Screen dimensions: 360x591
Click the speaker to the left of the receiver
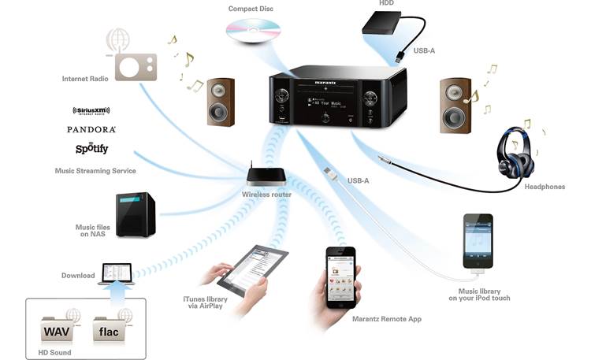(221, 101)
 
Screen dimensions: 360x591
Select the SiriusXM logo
(95, 111)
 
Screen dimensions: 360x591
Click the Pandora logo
(91, 129)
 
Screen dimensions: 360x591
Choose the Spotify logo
(92, 148)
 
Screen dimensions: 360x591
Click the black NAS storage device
(135, 214)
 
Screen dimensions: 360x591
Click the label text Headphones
(545, 187)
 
